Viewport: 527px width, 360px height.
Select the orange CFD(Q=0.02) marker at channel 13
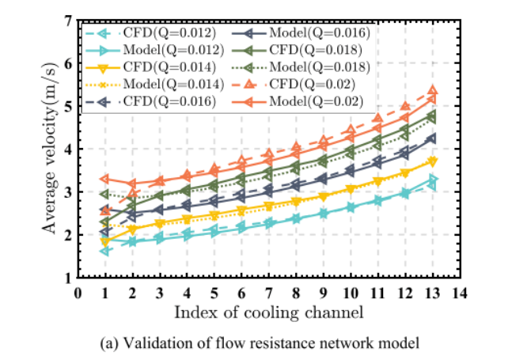pyautogui.click(x=432, y=91)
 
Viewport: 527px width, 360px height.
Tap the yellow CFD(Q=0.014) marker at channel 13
pyautogui.click(x=432, y=161)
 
